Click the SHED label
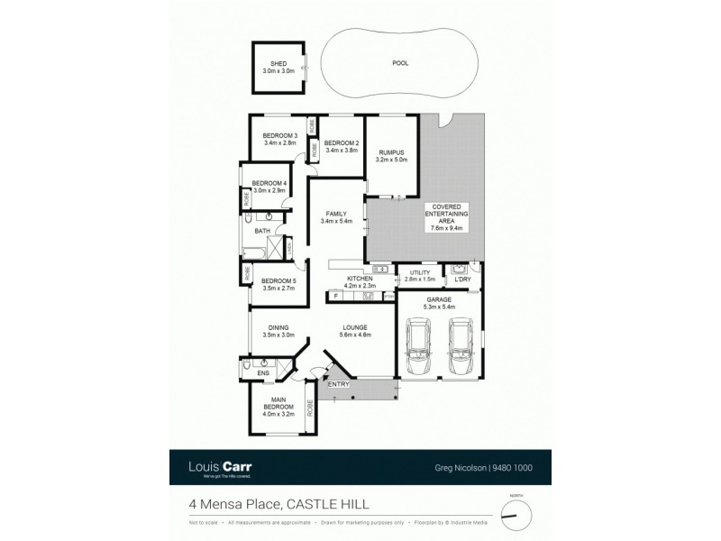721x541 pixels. point(278,64)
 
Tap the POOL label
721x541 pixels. point(399,64)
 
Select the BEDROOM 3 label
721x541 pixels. point(279,135)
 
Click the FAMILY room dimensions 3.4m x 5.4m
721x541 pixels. point(336,221)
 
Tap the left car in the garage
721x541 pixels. point(419,352)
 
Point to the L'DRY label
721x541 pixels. point(463,279)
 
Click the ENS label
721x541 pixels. point(264,373)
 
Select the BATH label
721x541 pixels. point(262,232)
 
